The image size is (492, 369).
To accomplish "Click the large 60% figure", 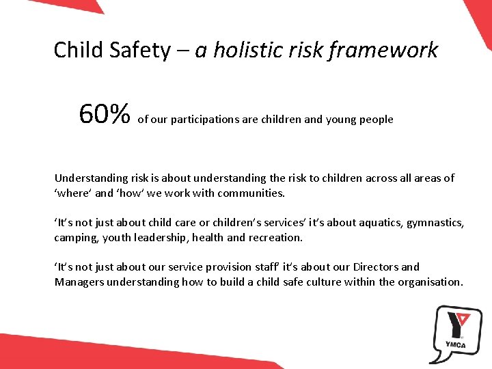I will (x=105, y=115).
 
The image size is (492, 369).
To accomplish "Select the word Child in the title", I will (x=76, y=51).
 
